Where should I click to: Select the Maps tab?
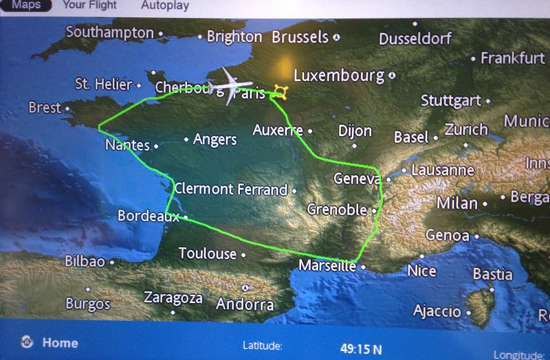point(26,5)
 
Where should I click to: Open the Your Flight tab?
point(89,5)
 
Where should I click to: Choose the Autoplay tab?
point(165,5)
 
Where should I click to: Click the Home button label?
point(60,342)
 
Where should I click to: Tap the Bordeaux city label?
point(148,216)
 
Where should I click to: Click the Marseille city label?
point(328,266)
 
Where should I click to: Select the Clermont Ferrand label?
point(231,189)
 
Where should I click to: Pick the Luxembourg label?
point(339,76)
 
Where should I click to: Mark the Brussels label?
point(300,37)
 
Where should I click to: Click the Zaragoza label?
point(173,297)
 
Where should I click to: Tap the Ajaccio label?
point(437,311)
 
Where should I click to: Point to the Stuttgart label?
point(451,101)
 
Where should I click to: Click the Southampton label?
point(110,32)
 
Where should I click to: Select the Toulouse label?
point(208,254)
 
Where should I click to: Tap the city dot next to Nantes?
point(156,146)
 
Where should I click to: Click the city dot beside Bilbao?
point(111,262)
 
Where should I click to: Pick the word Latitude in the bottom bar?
point(263,346)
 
